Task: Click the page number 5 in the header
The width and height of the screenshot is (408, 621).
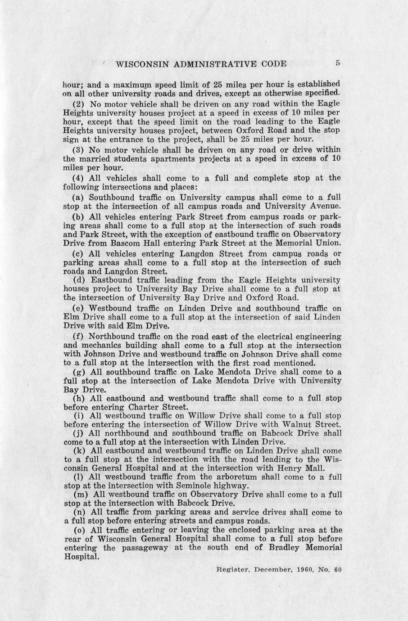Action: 337,63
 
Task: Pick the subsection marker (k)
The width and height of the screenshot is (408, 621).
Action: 79,450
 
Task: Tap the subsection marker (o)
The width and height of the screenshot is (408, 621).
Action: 79,530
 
